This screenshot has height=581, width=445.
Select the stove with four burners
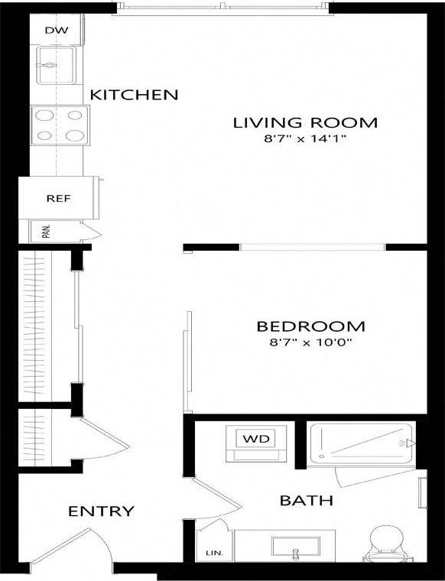[59, 125]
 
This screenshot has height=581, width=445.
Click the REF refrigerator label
[58, 198]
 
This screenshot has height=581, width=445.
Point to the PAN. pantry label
[47, 231]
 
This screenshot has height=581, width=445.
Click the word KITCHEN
[134, 95]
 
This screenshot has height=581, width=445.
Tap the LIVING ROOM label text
[305, 122]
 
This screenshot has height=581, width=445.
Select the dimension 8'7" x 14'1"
[305, 139]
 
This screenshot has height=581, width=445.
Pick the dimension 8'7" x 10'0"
[310, 343]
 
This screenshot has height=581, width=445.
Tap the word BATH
[306, 501]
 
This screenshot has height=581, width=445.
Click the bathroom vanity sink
[295, 547]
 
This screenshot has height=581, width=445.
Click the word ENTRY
[102, 511]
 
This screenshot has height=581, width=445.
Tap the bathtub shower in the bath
[362, 443]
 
